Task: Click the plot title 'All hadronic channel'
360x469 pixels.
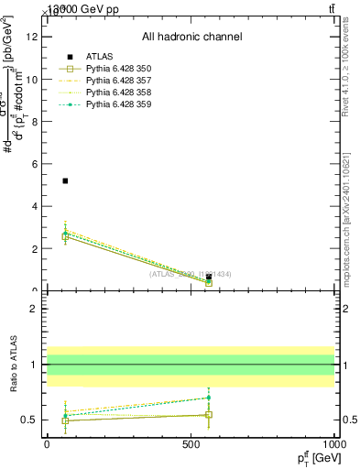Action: [191, 37]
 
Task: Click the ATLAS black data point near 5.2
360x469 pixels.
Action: [65, 180]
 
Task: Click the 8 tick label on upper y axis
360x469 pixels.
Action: [34, 122]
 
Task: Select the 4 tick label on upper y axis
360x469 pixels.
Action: [34, 206]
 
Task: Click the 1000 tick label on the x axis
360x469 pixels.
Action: [334, 444]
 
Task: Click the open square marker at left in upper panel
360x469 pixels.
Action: [65, 236]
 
